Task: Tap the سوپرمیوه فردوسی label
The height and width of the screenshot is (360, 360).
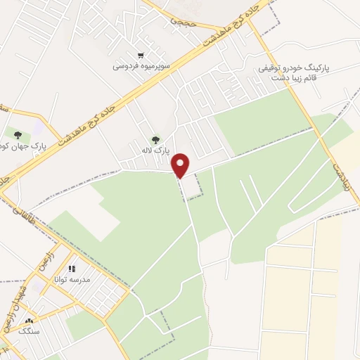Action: [140, 67]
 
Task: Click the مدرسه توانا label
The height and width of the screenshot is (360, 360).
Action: [70, 279]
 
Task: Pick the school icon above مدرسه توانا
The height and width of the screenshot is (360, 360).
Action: [71, 269]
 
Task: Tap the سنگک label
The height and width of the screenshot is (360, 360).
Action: [29, 330]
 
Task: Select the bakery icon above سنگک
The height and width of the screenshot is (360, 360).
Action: [29, 321]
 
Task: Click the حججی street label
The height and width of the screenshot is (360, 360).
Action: [182, 22]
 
